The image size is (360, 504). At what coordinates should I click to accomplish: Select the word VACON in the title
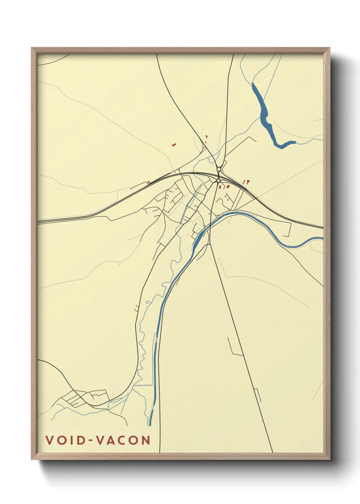pyautogui.click(x=124, y=440)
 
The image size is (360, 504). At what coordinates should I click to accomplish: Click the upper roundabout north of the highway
pyautogui.click(x=219, y=169)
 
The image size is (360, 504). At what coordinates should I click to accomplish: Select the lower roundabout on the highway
pyautogui.click(x=218, y=181)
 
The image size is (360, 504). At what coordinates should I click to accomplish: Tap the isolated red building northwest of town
pyautogui.click(x=174, y=145)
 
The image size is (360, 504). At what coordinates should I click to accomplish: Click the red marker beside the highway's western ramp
pyautogui.click(x=149, y=182)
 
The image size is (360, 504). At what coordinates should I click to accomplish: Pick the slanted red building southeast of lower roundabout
pyautogui.click(x=228, y=186)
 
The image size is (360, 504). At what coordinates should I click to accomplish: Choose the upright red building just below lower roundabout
pyautogui.click(x=220, y=187)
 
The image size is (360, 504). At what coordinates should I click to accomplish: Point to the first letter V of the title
pyautogui.click(x=50, y=440)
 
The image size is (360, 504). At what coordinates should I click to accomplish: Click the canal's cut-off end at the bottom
pyautogui.click(x=150, y=424)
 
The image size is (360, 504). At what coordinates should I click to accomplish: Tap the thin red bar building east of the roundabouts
pyautogui.click(x=244, y=182)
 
